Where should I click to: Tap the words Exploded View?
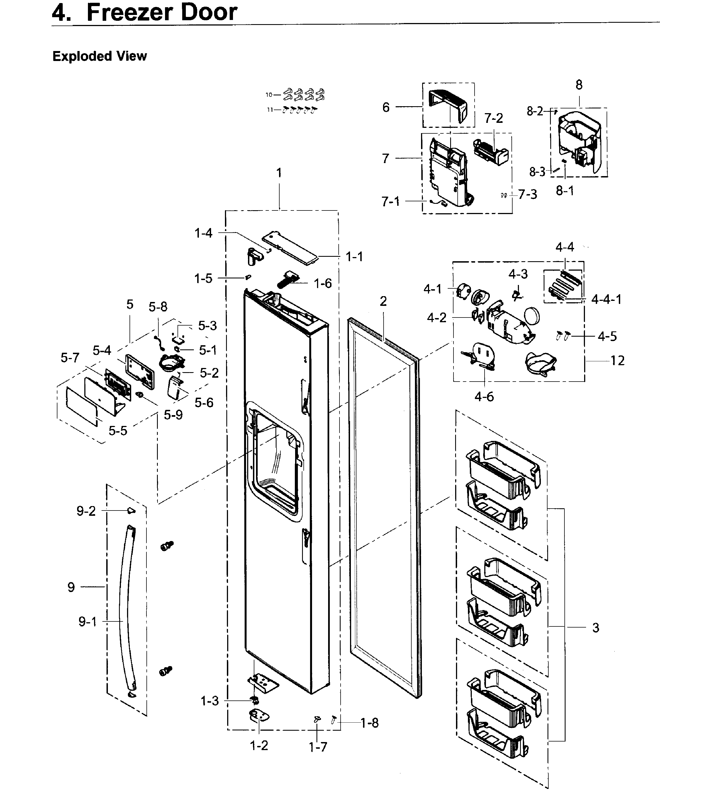tap(99, 56)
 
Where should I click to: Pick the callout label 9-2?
tap(86, 511)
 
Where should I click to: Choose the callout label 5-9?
tap(173, 415)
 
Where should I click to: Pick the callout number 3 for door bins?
tap(595, 627)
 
